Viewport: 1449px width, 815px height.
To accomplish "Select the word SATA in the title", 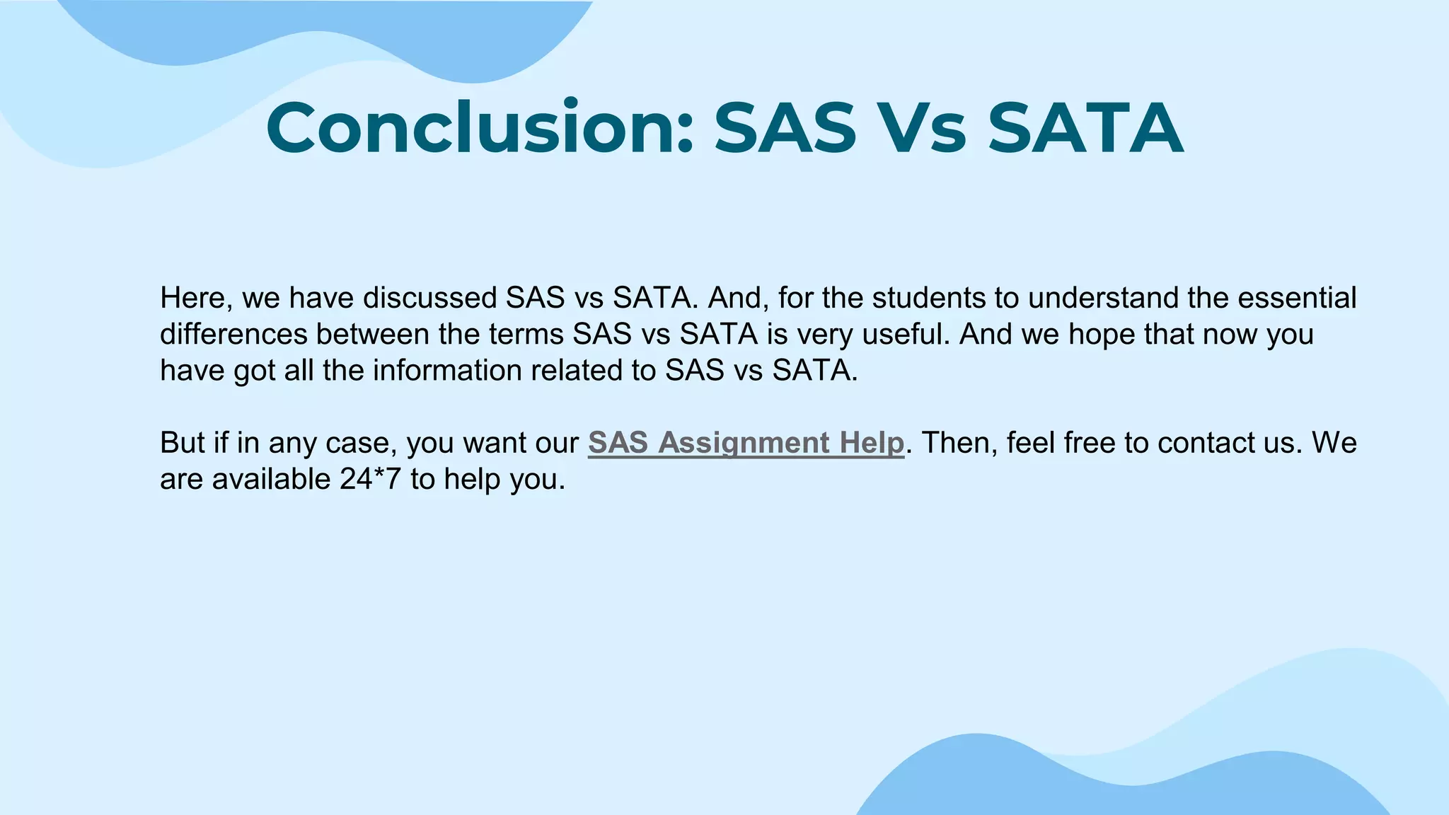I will pos(1085,128).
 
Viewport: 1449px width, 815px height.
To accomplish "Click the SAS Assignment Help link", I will pos(746,444).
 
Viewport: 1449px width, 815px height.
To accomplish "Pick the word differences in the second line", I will pos(233,335).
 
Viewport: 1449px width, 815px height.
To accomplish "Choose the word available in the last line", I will pos(271,480).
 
